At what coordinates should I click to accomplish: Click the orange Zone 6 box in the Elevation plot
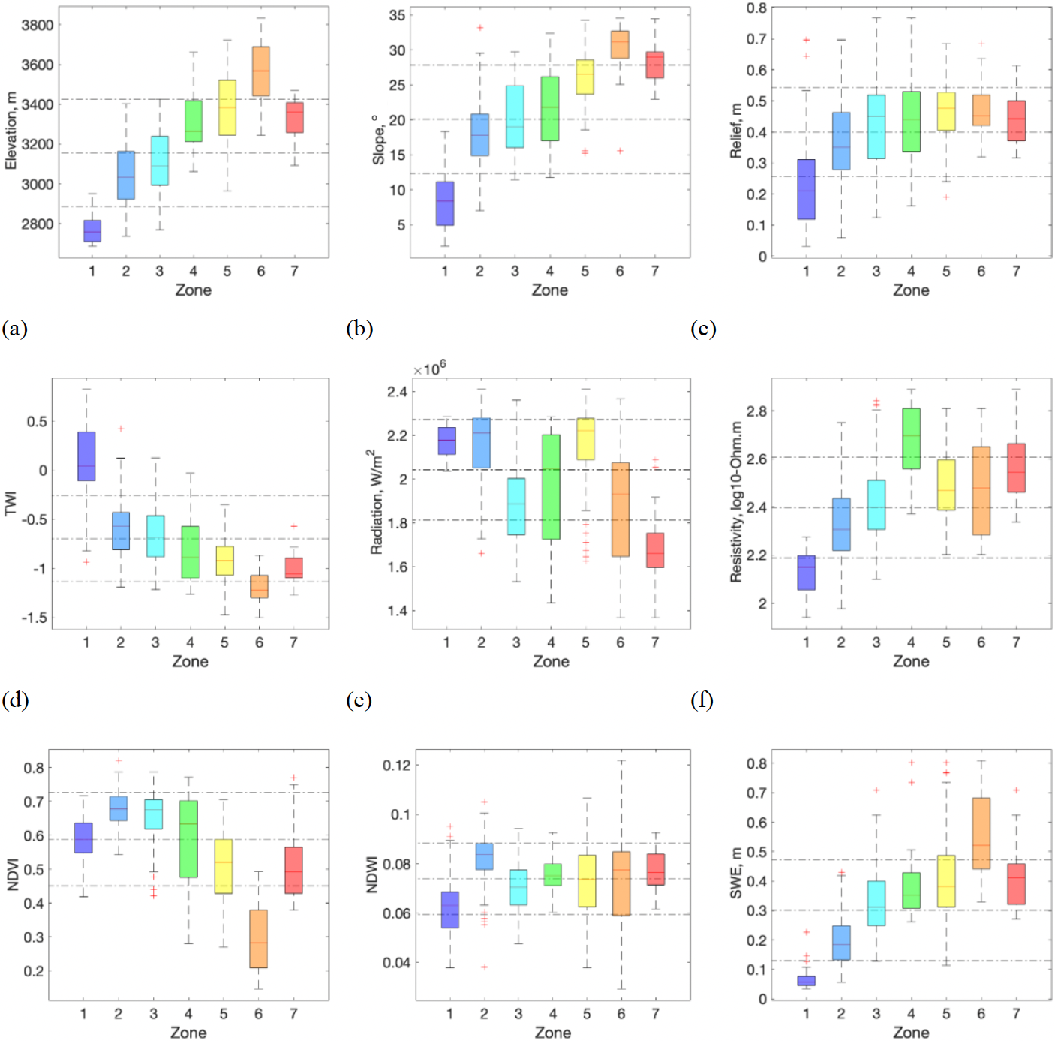point(260,71)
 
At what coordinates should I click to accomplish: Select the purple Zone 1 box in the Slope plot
point(445,203)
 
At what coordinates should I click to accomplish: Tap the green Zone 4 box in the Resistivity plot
point(911,438)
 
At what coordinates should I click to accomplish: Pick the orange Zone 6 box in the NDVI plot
point(258,939)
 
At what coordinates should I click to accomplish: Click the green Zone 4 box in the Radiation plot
point(551,487)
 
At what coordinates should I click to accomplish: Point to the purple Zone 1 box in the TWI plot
point(86,456)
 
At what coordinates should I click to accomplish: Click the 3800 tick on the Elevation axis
point(38,25)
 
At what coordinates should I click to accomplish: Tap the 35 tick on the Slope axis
point(397,15)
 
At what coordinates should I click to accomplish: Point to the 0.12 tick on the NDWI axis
point(397,765)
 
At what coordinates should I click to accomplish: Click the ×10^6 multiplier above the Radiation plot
point(429,369)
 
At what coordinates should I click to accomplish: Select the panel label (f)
point(702,700)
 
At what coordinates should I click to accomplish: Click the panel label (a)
point(14,329)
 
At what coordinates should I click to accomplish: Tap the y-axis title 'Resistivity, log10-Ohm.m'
point(736,501)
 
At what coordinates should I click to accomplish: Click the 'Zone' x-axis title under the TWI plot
point(190,661)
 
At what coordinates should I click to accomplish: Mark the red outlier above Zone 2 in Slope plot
point(480,28)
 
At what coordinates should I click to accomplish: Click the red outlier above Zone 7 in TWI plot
point(294,526)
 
